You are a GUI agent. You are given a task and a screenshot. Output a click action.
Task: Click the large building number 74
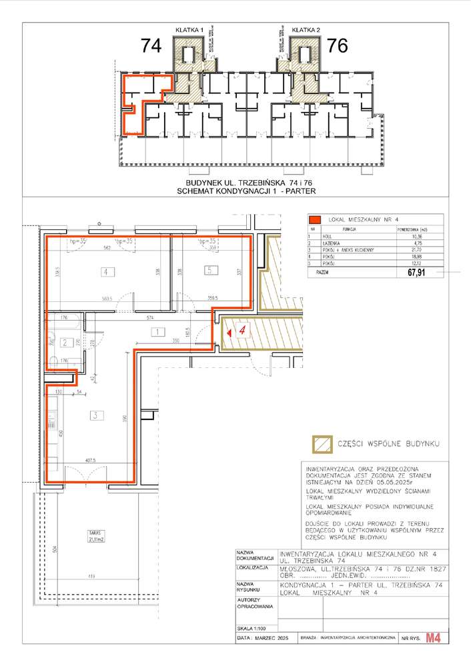[151, 46]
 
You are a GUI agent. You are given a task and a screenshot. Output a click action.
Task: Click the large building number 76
[338, 46]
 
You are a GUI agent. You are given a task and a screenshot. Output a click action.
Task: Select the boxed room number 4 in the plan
[105, 271]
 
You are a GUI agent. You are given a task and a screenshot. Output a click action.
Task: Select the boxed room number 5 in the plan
[209, 271]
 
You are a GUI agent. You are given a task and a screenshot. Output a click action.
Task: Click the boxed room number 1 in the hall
[155, 331]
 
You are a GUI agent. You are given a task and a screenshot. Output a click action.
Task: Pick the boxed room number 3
[96, 415]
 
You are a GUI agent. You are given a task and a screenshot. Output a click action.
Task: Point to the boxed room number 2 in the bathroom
[65, 343]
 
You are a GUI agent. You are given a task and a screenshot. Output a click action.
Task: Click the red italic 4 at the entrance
[244, 329]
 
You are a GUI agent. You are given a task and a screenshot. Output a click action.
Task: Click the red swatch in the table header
[314, 220]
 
